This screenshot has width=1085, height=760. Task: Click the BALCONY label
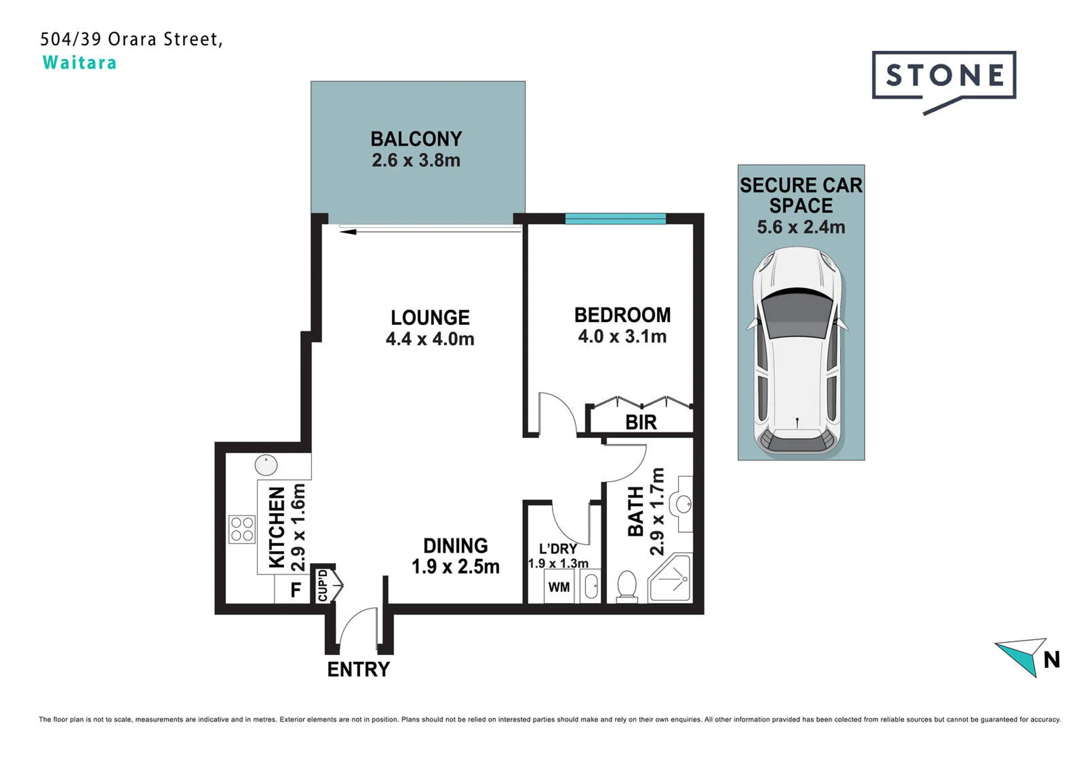(x=416, y=139)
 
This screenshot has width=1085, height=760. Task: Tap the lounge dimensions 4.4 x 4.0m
(x=430, y=339)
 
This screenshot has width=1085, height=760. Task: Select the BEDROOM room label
(x=622, y=315)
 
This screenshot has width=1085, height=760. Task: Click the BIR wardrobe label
(x=641, y=422)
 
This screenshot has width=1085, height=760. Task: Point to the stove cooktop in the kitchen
(x=242, y=529)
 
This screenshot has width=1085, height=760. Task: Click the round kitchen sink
(x=266, y=465)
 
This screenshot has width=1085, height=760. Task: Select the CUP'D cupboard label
(x=323, y=585)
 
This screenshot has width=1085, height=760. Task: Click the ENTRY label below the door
(x=358, y=670)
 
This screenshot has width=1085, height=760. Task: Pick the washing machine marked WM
(x=559, y=587)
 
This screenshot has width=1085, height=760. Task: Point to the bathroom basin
(x=684, y=503)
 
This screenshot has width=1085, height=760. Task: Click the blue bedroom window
(x=615, y=219)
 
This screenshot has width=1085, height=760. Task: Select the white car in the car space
(x=797, y=350)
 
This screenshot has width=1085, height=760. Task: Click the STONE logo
(x=944, y=82)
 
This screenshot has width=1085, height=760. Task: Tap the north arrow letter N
(x=1051, y=660)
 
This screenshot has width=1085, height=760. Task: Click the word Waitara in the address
(x=80, y=63)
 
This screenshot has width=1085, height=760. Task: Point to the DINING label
(x=455, y=545)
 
